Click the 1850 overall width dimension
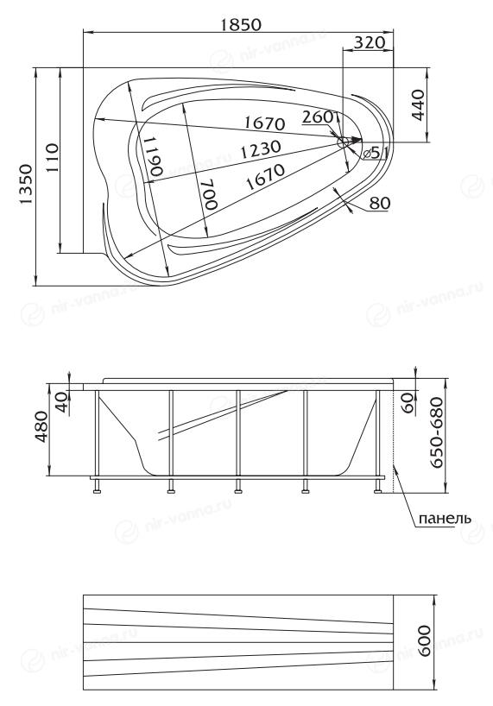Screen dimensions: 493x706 pos(241,25)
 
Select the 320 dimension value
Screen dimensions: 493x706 pos(370,43)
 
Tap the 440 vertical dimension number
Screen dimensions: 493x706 pos(419,105)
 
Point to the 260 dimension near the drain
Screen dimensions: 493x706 pos(319,117)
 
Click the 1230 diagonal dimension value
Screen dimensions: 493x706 pos(260,150)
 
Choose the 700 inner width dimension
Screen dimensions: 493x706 pos(208,193)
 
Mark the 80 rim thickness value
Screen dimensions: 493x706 pos(380,204)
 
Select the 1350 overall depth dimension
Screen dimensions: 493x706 pos(26,184)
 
